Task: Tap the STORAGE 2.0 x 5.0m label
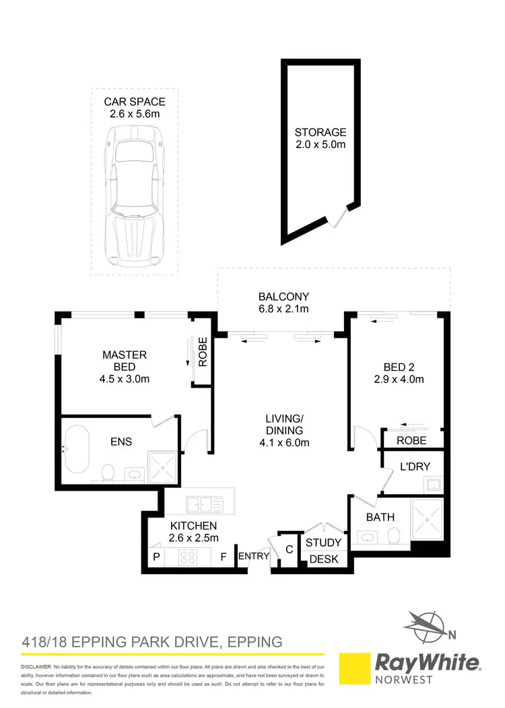pos(321,139)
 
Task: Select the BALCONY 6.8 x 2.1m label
pos(283,303)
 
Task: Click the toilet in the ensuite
pos(107,472)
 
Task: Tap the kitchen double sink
pos(201,501)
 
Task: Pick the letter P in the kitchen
pos(156,557)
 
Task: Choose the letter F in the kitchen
pos(223,557)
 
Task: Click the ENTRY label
pos(254,556)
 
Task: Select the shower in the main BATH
pos(427,520)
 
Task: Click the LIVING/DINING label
pos(283,430)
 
